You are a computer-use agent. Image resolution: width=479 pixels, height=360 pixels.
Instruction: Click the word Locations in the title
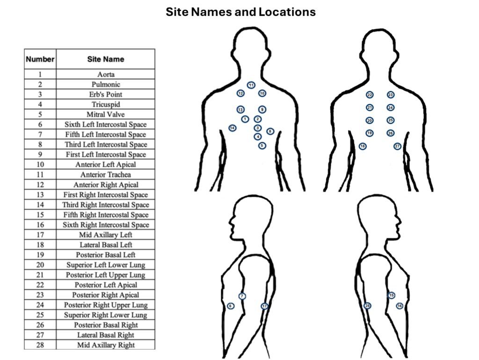[x=287, y=12]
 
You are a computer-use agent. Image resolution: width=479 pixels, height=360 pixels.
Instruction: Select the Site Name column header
[x=106, y=59]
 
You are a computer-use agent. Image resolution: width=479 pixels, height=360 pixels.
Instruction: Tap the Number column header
[x=40, y=59]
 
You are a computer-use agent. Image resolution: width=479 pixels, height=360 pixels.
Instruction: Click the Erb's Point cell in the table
[x=106, y=94]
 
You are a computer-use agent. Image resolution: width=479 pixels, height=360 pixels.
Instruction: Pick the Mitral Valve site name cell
[x=106, y=114]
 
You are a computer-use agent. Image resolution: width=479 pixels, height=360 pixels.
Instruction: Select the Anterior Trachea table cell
[x=106, y=175]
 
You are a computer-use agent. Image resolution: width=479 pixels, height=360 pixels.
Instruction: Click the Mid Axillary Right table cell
[x=106, y=345]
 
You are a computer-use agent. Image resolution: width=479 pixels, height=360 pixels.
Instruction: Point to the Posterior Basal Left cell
[x=106, y=255]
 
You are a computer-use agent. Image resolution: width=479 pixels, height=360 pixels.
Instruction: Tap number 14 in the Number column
[x=40, y=205]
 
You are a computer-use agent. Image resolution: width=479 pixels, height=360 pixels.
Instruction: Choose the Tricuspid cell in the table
[x=106, y=104]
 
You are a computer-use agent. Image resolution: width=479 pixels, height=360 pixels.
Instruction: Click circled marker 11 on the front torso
[x=251, y=85]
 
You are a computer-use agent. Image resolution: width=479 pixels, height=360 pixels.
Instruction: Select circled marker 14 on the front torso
[x=232, y=128]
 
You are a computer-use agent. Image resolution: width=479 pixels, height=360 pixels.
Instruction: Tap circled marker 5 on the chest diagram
[x=262, y=146]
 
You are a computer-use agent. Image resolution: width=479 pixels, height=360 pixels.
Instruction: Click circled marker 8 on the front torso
[x=270, y=132]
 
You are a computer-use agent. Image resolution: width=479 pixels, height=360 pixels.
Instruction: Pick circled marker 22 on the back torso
[x=370, y=95]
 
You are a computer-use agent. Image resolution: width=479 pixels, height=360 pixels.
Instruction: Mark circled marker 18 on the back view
[x=363, y=146]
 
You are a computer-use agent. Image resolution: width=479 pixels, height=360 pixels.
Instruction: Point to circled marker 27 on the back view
[x=397, y=146]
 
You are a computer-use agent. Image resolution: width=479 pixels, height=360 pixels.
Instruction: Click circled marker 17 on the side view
[x=265, y=306]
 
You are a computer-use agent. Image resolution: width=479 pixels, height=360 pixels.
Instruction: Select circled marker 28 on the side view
[x=368, y=306]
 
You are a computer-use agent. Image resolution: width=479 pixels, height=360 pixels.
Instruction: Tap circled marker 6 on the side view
[x=231, y=306]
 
